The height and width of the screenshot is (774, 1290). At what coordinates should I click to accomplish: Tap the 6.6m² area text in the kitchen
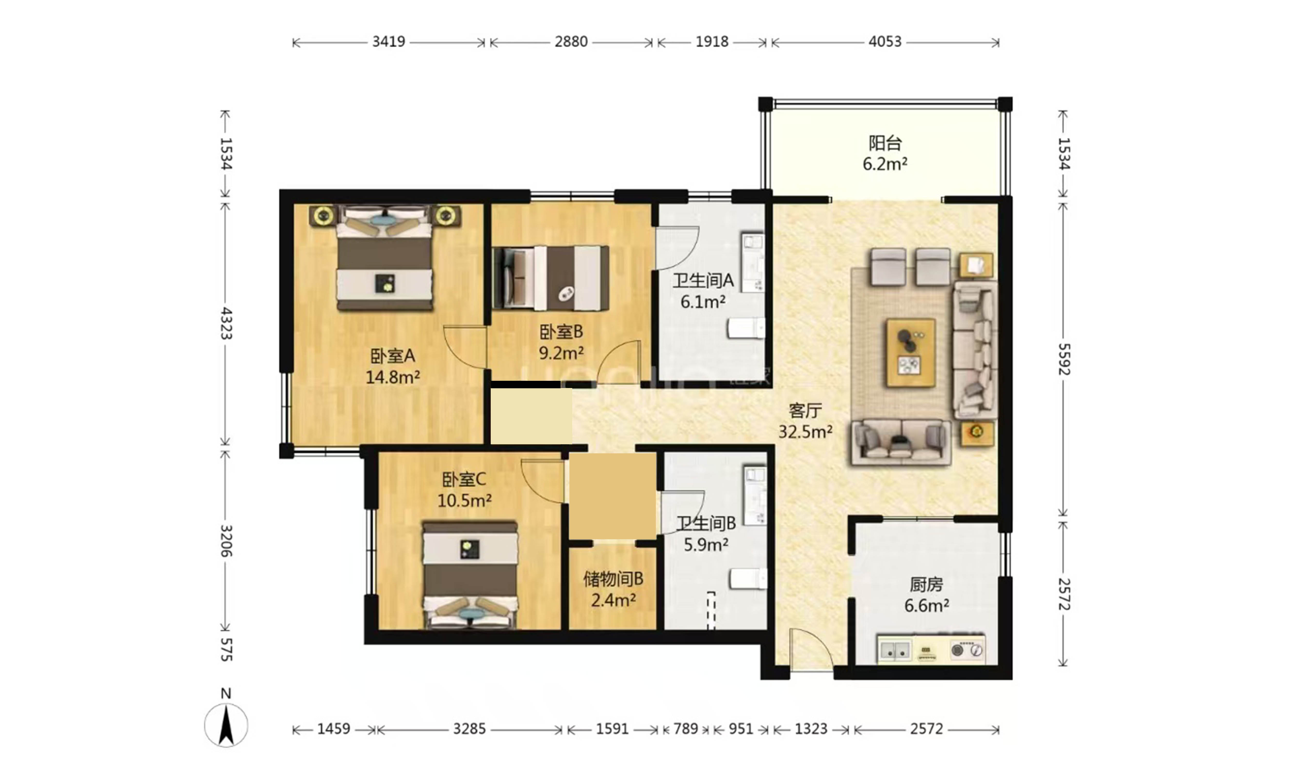pyautogui.click(x=926, y=606)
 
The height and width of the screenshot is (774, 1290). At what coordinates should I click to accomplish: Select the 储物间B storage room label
pyautogui.click(x=613, y=579)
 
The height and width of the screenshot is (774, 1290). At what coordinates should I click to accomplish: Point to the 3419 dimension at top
pyautogui.click(x=389, y=41)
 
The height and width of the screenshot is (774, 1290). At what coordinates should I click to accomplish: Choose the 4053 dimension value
pyautogui.click(x=885, y=41)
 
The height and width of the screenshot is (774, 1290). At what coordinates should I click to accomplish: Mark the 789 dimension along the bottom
pyautogui.click(x=685, y=729)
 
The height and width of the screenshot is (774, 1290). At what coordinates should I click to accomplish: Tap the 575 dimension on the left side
pyautogui.click(x=226, y=649)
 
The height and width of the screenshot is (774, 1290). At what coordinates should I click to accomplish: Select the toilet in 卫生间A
pyautogui.click(x=746, y=329)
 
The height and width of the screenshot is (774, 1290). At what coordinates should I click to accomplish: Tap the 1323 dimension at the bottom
pyautogui.click(x=811, y=729)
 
